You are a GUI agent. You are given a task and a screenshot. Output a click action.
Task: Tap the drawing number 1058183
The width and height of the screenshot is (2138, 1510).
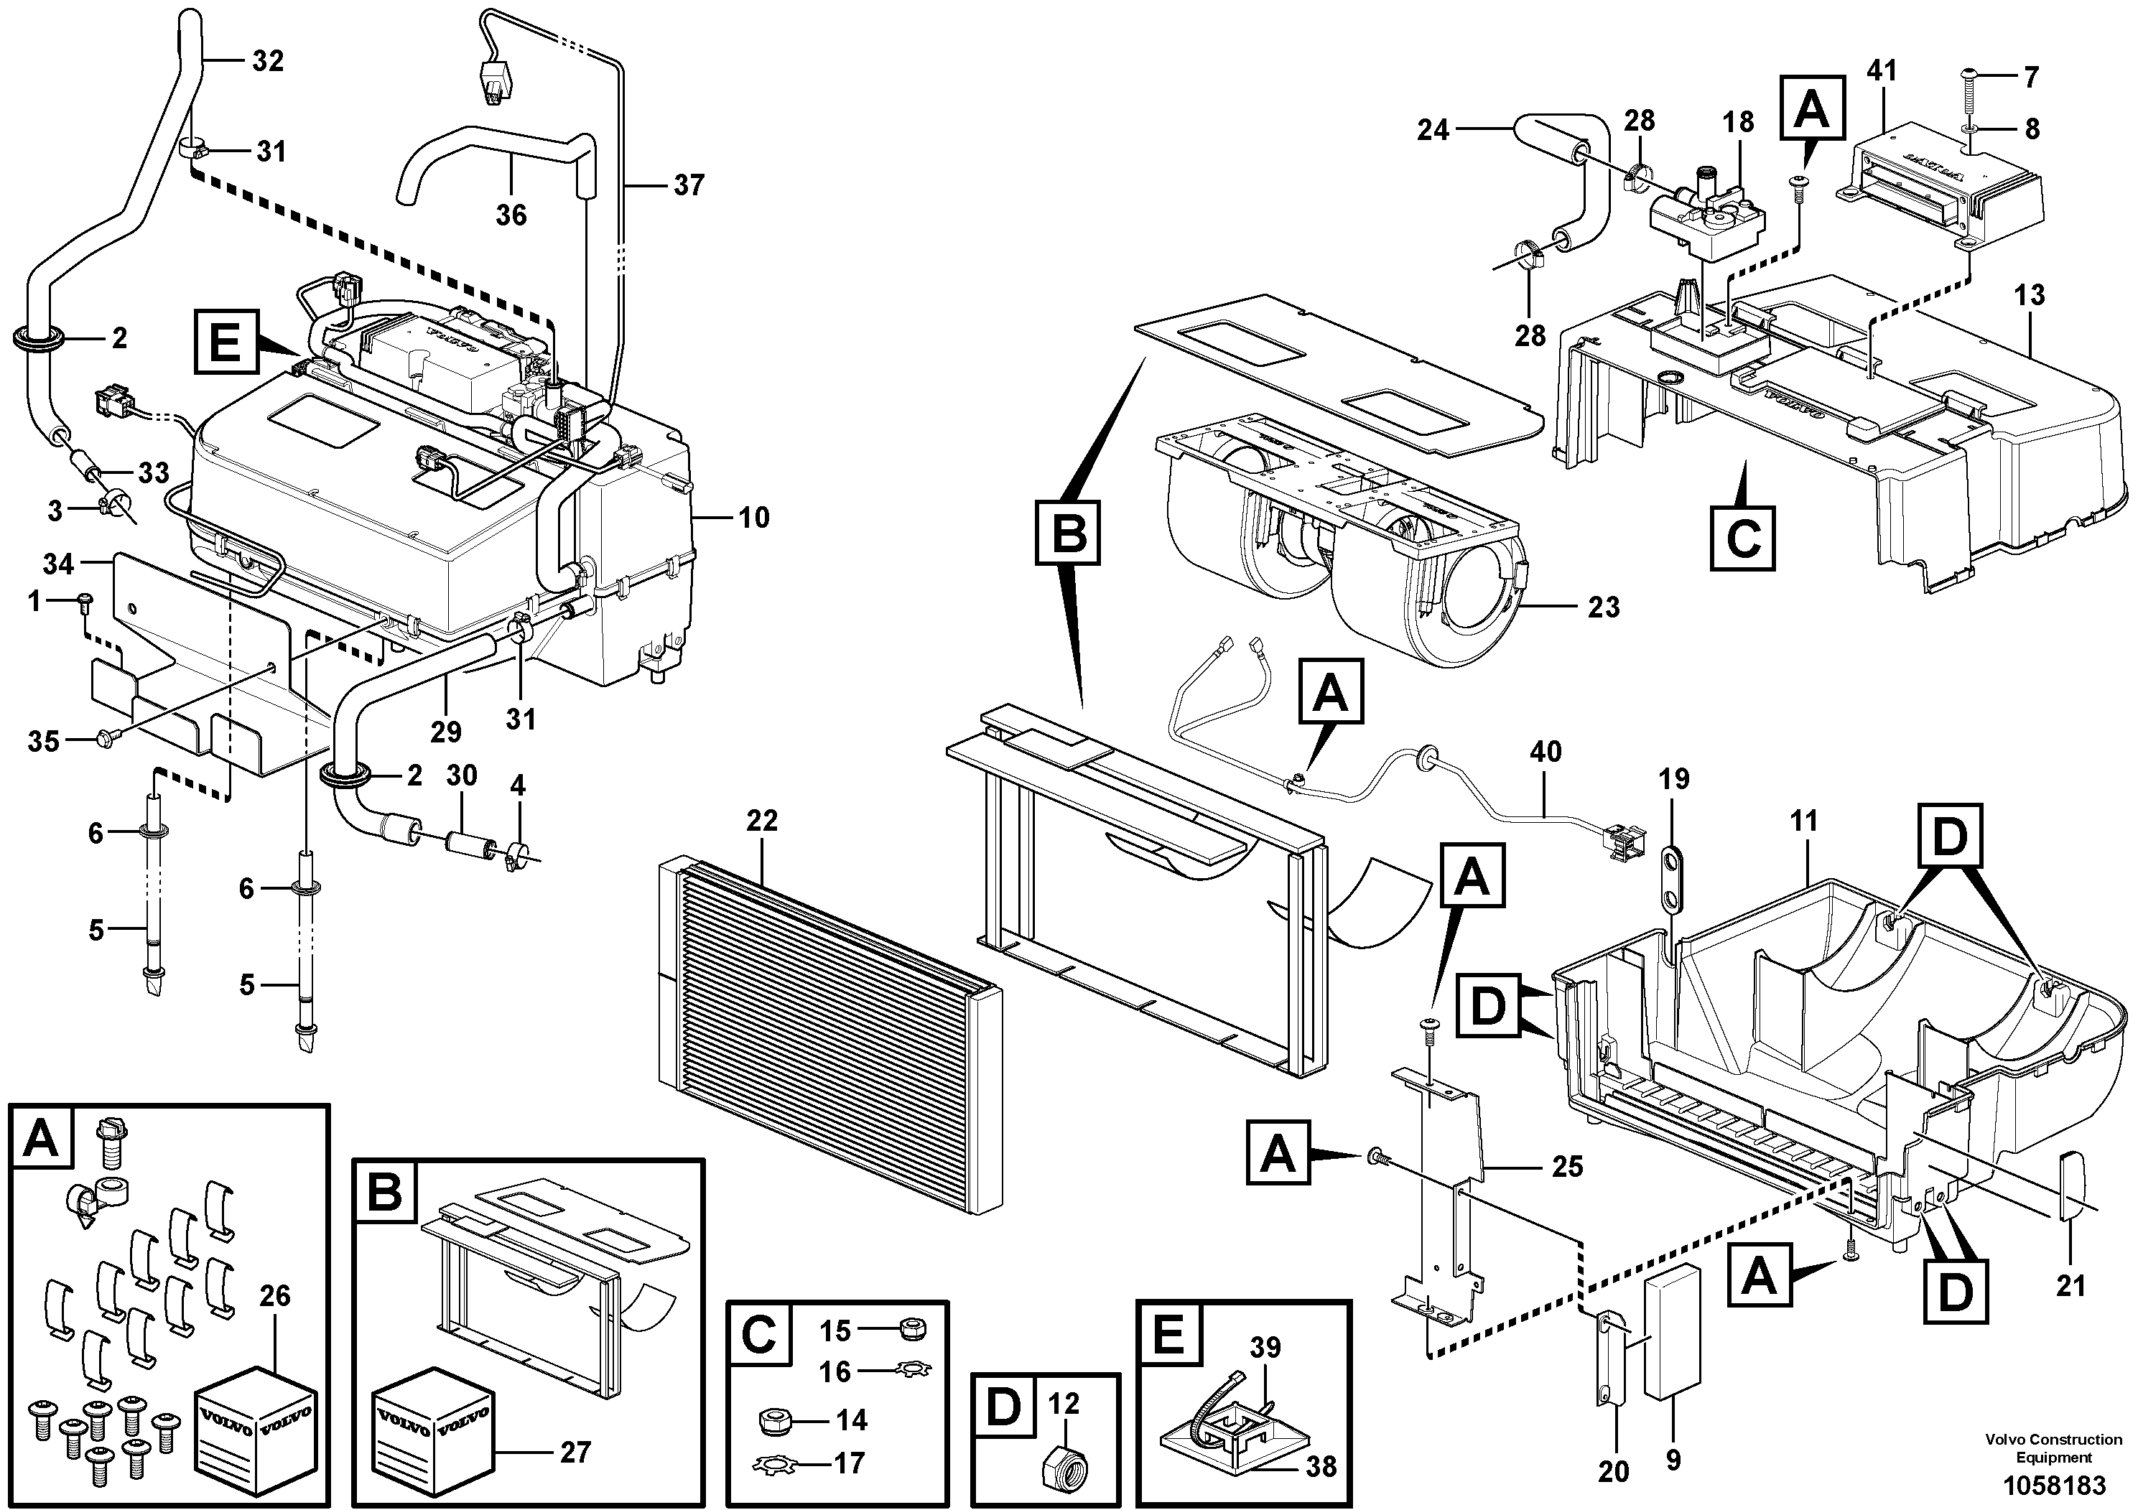coord(2053,1483)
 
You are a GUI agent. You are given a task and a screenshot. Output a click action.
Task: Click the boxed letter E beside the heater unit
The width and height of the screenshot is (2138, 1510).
coord(224,342)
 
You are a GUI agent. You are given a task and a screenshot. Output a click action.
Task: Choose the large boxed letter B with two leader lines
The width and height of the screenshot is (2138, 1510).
coord(1068,533)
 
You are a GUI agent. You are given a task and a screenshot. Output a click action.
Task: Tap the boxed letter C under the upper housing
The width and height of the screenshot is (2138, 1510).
coord(1742,536)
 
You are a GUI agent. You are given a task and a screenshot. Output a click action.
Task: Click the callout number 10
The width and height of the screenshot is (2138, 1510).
coord(753,518)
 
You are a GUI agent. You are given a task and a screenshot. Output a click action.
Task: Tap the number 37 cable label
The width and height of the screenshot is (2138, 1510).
coord(688,185)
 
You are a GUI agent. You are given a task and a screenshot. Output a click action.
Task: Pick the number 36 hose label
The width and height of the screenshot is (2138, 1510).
coord(511,215)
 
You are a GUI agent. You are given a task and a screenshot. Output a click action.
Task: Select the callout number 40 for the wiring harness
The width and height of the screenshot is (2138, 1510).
coord(1546,750)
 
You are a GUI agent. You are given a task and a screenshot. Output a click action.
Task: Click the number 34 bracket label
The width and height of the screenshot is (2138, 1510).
coord(57,563)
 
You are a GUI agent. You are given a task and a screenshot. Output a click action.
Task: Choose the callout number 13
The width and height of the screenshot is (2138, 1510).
coord(2029,295)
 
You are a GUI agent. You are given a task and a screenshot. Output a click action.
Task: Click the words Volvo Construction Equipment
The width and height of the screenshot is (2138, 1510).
coord(2053,1447)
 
